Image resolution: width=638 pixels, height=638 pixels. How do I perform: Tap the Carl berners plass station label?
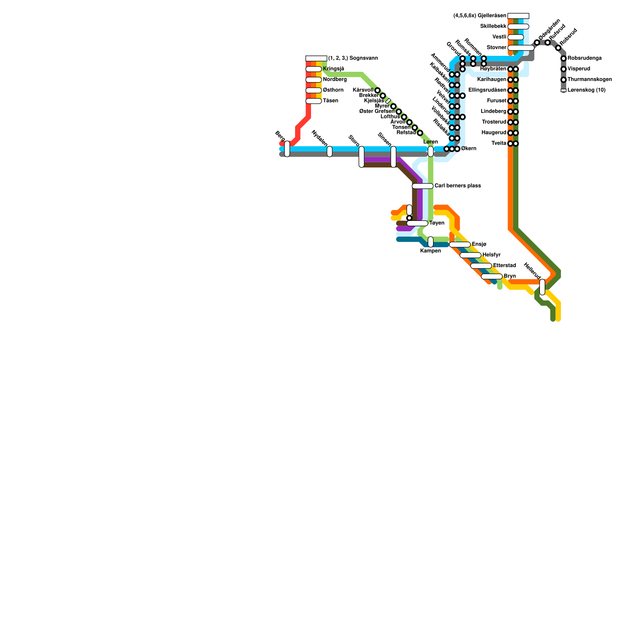[x=457, y=186]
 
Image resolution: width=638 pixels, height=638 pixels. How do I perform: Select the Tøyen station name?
[x=437, y=223]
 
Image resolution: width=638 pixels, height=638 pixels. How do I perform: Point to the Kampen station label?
[x=431, y=251]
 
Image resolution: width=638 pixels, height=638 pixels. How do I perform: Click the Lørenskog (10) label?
[x=586, y=90]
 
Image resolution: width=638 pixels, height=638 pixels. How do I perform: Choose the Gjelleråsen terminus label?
[x=480, y=16]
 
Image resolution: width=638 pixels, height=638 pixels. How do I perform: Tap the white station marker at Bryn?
[x=492, y=276]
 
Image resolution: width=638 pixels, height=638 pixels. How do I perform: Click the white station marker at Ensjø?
[x=460, y=244]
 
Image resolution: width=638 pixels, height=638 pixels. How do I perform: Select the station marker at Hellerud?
[x=542, y=287]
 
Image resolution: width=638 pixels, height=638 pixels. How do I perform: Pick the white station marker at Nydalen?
[x=329, y=152]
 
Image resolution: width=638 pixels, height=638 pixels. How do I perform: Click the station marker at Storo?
[x=361, y=157]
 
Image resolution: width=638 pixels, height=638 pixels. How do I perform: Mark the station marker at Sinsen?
[x=393, y=157]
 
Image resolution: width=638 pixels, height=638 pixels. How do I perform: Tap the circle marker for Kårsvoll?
[x=377, y=91]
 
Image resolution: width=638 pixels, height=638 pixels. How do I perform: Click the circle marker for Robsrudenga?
[x=563, y=59]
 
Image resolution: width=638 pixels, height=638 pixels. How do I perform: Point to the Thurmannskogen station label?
[x=589, y=80]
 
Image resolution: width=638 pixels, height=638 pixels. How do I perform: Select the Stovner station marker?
[x=521, y=48]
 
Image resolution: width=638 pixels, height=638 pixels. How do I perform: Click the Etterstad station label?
[x=504, y=266]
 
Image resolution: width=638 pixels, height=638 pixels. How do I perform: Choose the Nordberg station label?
[x=335, y=80]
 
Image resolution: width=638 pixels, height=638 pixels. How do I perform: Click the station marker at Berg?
[x=287, y=149]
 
